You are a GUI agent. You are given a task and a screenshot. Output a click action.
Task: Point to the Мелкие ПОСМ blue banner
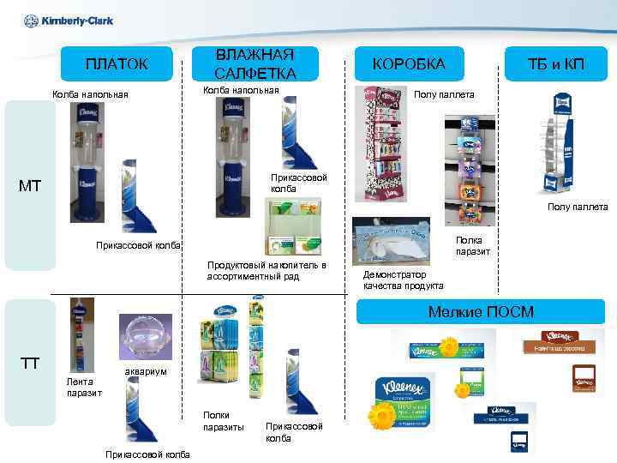tap(480, 311)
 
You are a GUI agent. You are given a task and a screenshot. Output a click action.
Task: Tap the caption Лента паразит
tap(84, 387)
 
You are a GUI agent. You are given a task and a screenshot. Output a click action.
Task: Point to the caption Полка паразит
tap(473, 246)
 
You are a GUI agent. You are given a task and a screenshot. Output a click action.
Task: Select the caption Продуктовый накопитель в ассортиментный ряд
tap(267, 271)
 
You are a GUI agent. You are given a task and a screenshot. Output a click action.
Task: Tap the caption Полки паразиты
tap(223, 421)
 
